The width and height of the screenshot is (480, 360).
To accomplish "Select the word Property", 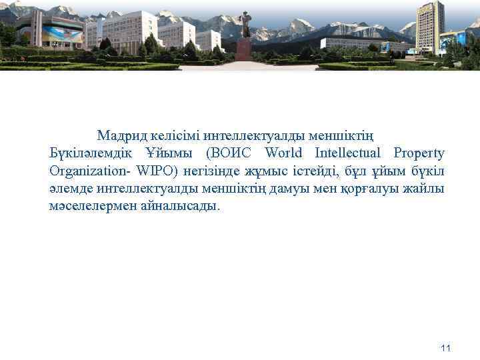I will coord(419,153).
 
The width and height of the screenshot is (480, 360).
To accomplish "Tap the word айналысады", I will coord(179,206).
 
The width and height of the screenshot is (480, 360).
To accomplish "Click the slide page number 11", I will coord(447,348).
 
